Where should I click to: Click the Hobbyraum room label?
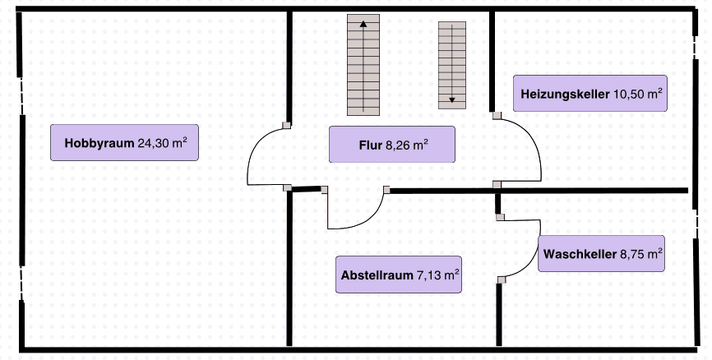[124, 142]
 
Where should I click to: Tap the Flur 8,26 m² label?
[391, 145]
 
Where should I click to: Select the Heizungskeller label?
[589, 94]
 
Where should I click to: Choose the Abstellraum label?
[399, 275]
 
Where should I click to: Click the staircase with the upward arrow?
[363, 65]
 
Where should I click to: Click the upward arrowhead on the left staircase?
[363, 25]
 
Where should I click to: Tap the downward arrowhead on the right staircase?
[451, 100]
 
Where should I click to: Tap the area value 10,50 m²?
[638, 94]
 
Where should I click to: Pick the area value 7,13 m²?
[437, 275]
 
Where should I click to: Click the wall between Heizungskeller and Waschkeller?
[592, 190]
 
